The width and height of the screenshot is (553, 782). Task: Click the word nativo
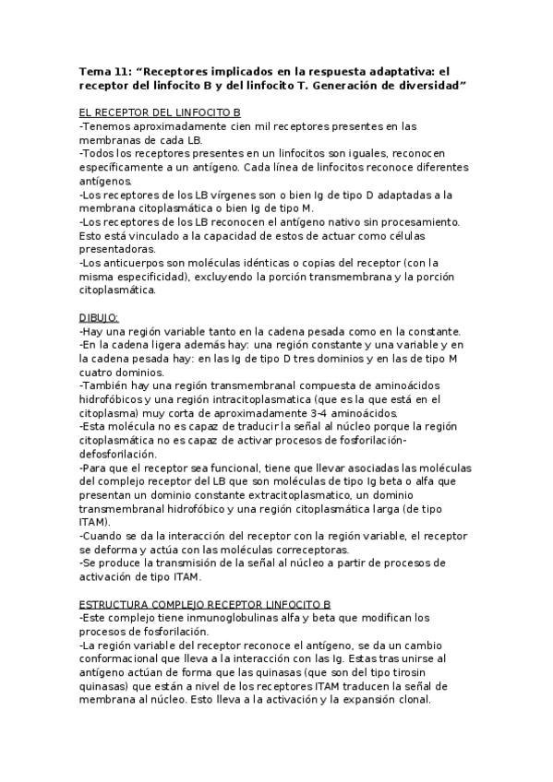tap(339, 221)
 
